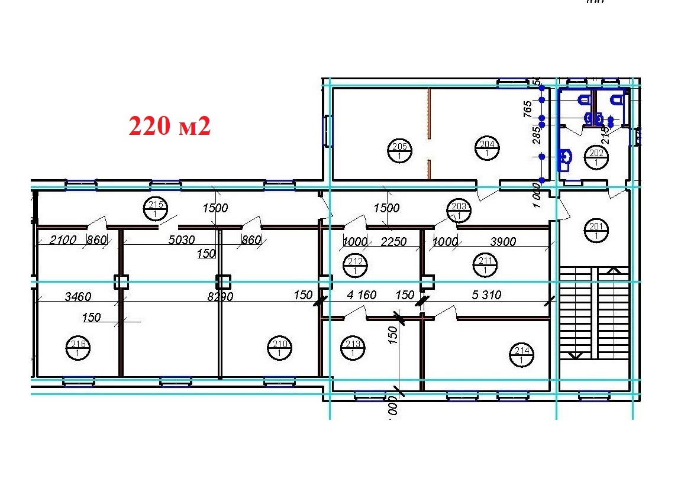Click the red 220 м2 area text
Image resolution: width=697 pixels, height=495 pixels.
click(170, 126)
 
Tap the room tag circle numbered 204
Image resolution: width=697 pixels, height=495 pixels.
click(486, 148)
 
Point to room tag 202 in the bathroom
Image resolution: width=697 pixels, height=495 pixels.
click(595, 157)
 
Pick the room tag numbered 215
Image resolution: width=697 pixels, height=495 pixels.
click(155, 209)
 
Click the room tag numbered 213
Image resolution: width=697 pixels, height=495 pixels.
click(353, 348)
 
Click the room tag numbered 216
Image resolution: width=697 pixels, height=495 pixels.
click(78, 348)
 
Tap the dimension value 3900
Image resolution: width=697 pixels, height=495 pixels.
click(503, 241)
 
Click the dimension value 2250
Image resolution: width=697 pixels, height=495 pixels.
click(393, 241)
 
